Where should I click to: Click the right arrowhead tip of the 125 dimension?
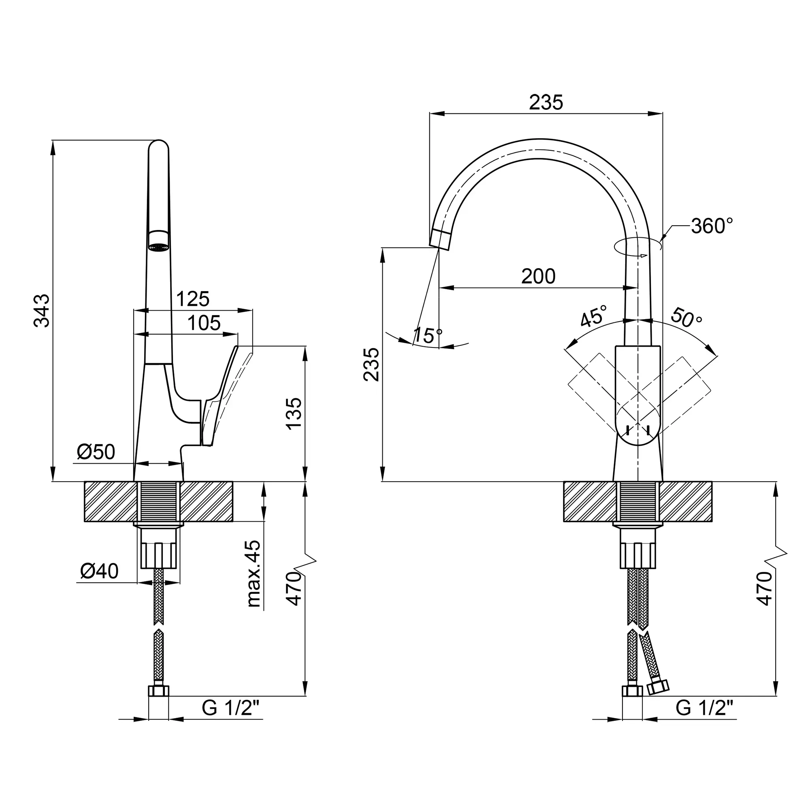pos(253,311)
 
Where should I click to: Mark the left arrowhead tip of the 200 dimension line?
pos(439,288)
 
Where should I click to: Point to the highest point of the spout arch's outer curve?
pos(540,139)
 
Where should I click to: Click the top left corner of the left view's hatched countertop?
pos(85,482)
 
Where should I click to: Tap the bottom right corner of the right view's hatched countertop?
pos(712,522)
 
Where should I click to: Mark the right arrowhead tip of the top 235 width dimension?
pos(663,113)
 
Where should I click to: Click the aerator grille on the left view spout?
pos(159,248)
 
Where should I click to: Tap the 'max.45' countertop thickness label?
pos(254,574)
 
